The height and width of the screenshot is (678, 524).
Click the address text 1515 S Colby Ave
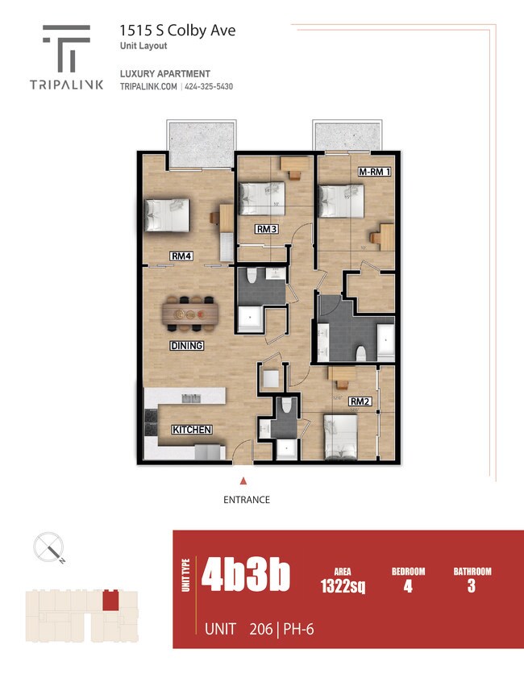[x=177, y=31]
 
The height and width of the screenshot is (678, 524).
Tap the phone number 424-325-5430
[x=208, y=87]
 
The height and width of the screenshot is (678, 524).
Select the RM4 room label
[x=181, y=256]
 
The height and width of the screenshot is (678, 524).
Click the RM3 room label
[x=267, y=230]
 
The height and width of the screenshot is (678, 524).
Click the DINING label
[x=186, y=346]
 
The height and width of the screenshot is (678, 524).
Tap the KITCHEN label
[x=192, y=430]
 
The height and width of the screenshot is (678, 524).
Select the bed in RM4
[x=166, y=215]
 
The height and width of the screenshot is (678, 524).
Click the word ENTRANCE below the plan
[x=247, y=500]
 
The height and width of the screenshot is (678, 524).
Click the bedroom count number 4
[x=408, y=586]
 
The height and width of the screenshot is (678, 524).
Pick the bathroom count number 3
[x=472, y=586]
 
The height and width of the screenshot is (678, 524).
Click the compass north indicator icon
[x=50, y=548]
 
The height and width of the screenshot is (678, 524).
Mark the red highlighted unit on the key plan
[x=110, y=600]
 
